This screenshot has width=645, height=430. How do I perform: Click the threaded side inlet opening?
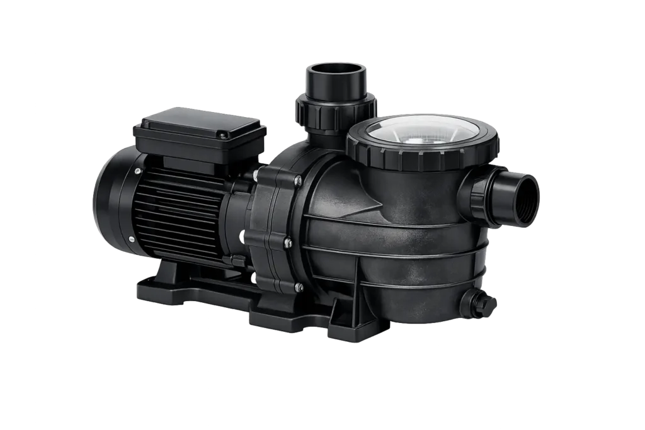click(524, 198)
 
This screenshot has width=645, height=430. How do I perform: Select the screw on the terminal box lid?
click(222, 133)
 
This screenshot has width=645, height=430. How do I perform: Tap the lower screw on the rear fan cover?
click(132, 239)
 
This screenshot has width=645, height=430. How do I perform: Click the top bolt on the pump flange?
click(298, 181)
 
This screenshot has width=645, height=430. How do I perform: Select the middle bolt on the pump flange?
click(287, 241)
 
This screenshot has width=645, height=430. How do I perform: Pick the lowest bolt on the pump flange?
click(299, 287)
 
